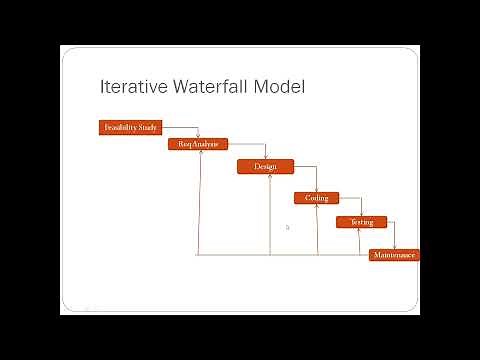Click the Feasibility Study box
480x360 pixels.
128,127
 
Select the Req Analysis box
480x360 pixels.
198,144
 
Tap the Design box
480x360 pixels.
265,166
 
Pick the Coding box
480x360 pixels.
316,198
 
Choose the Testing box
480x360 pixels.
361,222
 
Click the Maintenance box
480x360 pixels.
394,255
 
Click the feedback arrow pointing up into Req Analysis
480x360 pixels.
202,200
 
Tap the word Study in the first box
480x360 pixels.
146,127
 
